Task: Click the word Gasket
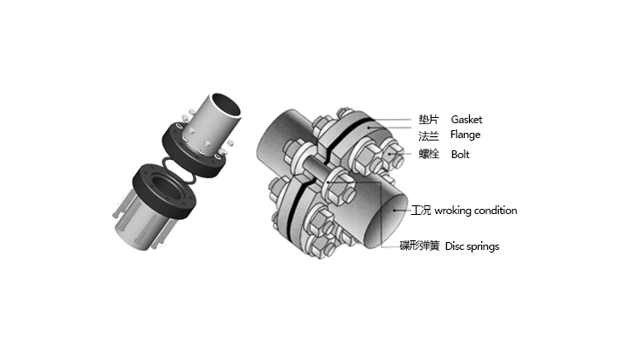(466, 120)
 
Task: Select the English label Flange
(465, 135)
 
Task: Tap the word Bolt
(460, 155)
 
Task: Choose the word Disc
(454, 246)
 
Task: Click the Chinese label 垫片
(429, 120)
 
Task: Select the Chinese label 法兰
(429, 135)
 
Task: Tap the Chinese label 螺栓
(429, 155)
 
